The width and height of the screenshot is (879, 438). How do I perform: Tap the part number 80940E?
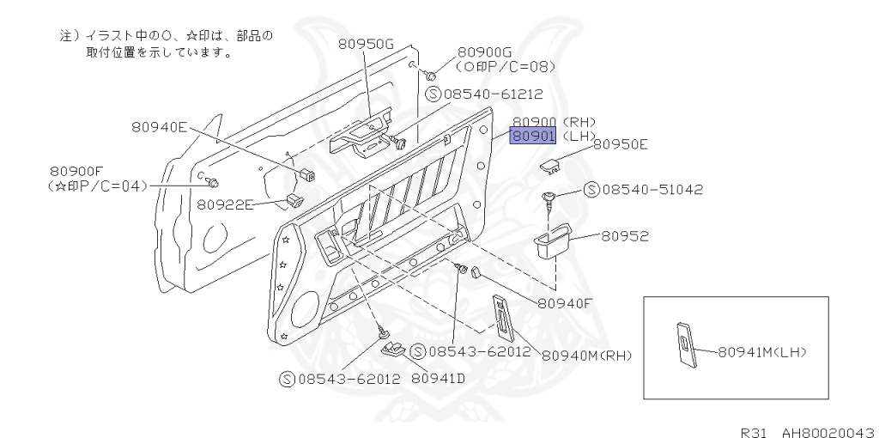click(159, 126)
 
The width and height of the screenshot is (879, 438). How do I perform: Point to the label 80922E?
click(226, 204)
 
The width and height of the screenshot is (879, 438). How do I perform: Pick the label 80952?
click(625, 235)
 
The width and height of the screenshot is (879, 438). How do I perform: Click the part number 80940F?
click(566, 302)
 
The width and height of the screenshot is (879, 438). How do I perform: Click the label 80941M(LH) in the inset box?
click(762, 351)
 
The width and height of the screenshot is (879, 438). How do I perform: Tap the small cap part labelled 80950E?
click(549, 163)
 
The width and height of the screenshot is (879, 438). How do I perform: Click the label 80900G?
click(484, 52)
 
